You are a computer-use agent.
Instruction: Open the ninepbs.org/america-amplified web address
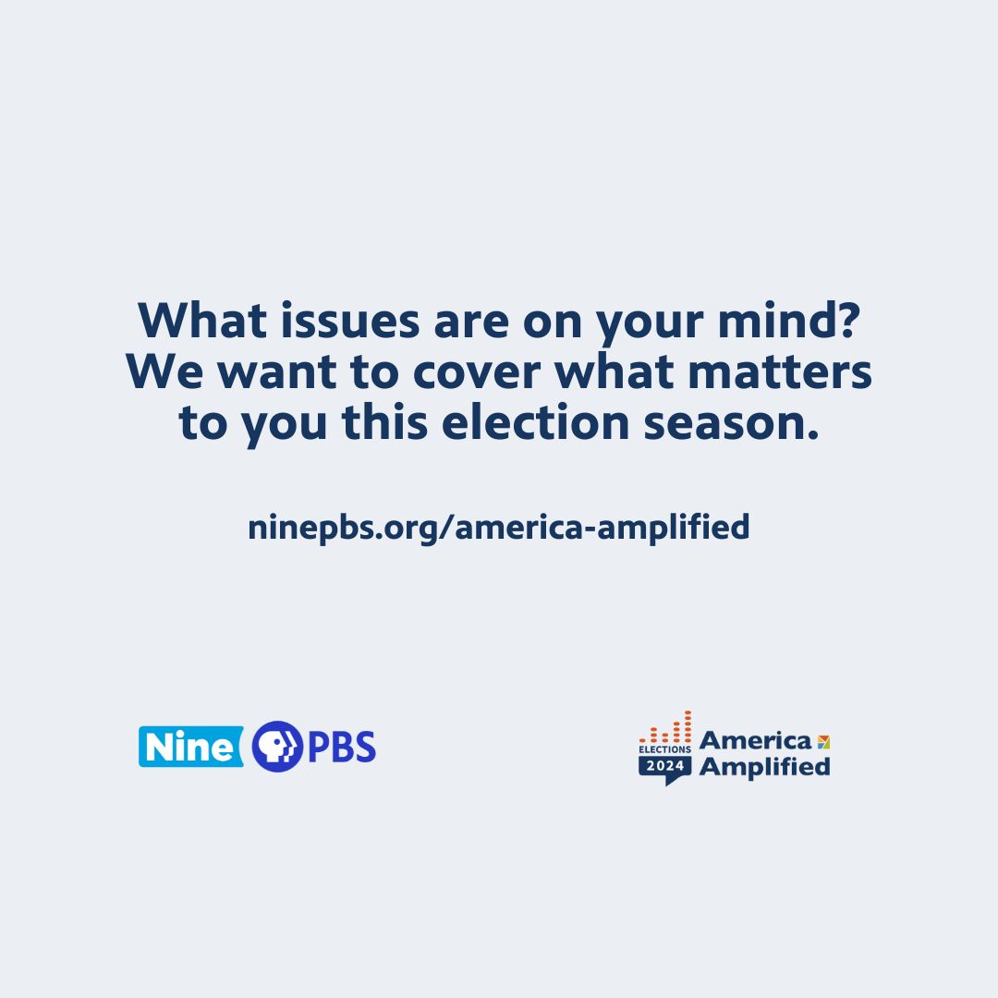pyautogui.click(x=499, y=528)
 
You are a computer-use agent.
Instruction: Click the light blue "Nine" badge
pyautogui.click(x=189, y=747)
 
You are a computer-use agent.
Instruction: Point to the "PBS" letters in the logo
pyautogui.click(x=341, y=747)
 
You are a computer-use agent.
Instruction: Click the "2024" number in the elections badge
pyautogui.click(x=664, y=766)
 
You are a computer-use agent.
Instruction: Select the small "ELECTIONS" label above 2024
pyautogui.click(x=664, y=749)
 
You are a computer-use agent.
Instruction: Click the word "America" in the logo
pyautogui.click(x=755, y=740)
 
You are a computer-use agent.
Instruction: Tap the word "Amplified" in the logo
pyautogui.click(x=764, y=766)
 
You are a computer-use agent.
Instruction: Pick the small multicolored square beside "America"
pyautogui.click(x=823, y=741)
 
